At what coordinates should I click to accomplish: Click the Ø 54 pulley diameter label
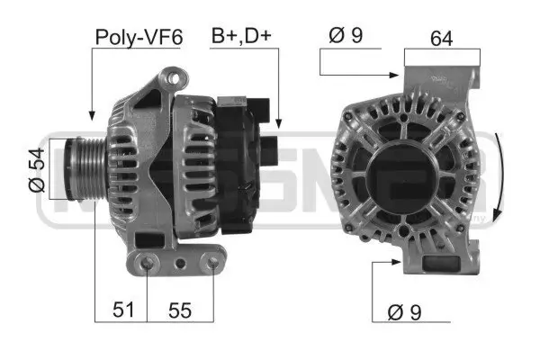coord(37,169)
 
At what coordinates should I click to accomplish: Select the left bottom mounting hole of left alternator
coord(149,263)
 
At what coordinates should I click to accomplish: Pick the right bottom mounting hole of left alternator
coord(211,263)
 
